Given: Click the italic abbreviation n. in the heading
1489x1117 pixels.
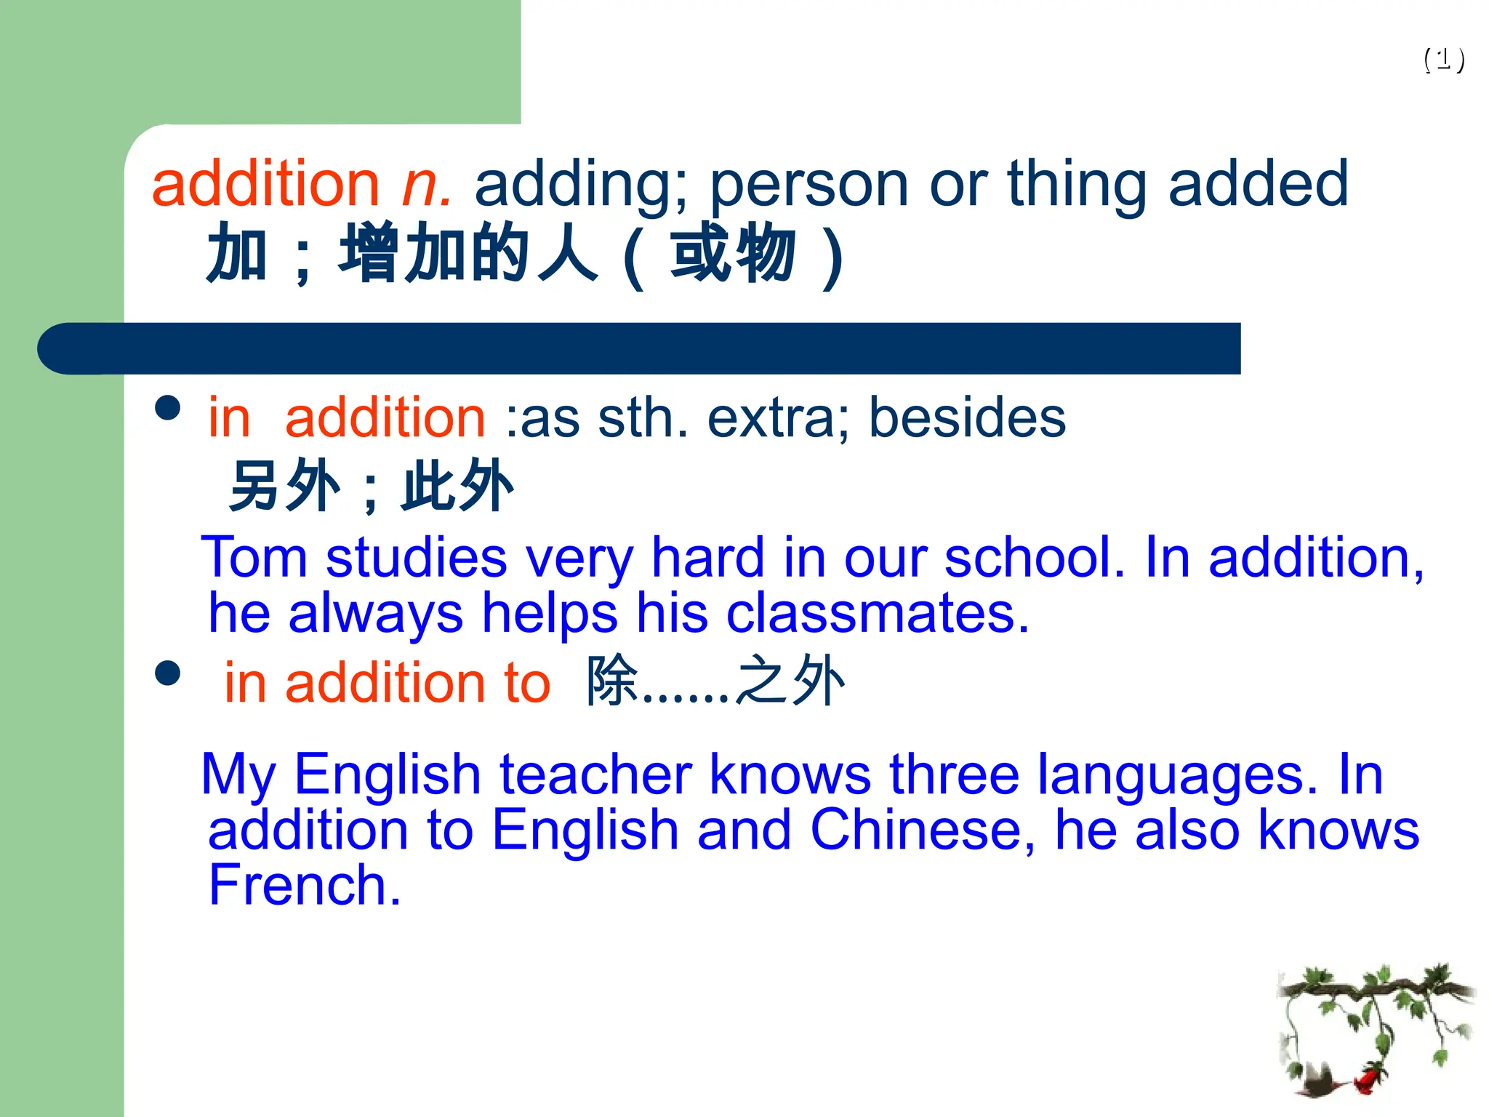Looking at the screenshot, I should click(427, 185).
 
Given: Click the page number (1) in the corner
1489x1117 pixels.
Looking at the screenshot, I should click(1444, 59).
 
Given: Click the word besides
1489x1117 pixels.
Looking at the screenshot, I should click(967, 418).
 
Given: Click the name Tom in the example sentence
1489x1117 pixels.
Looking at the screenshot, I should click(254, 558).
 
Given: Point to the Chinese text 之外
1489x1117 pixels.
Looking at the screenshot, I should click(791, 681).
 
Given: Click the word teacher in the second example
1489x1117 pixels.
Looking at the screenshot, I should click(595, 774).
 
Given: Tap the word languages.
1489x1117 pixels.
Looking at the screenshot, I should click(1177, 774).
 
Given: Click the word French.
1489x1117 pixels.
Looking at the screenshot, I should click(305, 886).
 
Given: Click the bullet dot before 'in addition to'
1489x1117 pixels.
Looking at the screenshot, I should click(168, 673).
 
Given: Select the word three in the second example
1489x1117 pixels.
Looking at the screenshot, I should click(954, 774).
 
